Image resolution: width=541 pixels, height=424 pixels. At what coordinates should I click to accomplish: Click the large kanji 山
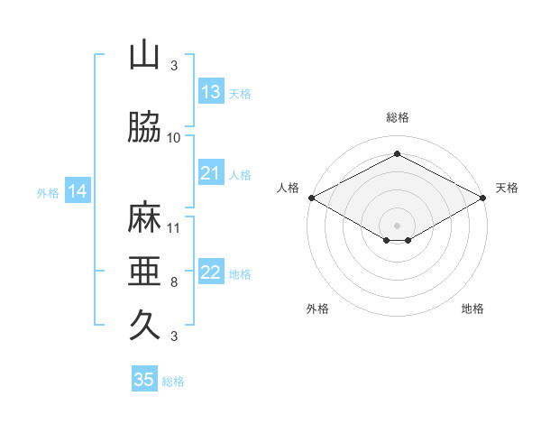tap(144, 54)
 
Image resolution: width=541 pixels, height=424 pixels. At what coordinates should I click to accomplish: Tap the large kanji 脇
tap(144, 126)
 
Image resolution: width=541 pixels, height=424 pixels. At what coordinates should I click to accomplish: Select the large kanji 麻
tap(144, 217)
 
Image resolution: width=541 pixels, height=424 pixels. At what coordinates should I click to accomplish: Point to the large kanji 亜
tap(144, 271)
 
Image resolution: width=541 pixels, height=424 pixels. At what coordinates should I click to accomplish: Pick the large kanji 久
tap(144, 324)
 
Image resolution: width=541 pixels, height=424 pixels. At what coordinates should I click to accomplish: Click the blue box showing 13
tap(211, 91)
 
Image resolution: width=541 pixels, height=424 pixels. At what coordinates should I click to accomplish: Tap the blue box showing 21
tap(211, 172)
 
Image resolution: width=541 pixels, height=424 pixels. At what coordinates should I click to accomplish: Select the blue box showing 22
tap(211, 271)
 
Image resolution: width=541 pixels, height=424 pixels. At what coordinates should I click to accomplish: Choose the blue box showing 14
tap(78, 190)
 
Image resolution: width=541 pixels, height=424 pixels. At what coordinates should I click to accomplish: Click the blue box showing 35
tap(144, 378)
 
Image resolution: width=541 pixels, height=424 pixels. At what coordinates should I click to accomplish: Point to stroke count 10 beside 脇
tap(173, 138)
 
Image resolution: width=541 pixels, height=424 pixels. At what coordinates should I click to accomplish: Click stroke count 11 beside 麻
tap(173, 228)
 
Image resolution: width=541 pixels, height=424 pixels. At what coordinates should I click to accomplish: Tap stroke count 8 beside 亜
tap(174, 282)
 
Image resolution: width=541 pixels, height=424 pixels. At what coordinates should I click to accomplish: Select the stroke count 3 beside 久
tap(174, 336)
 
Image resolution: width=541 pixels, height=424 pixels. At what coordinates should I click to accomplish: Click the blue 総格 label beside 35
tap(173, 382)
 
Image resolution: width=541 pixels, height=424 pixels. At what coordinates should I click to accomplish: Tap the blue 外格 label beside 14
tap(48, 193)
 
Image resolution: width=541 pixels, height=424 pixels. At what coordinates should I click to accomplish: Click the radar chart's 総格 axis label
tap(398, 117)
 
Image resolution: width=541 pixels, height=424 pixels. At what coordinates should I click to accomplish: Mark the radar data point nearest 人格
tap(312, 198)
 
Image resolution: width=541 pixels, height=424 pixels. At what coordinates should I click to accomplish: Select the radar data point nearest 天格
tap(483, 198)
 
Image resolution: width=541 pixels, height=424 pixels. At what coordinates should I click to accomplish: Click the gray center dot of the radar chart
tap(397, 226)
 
